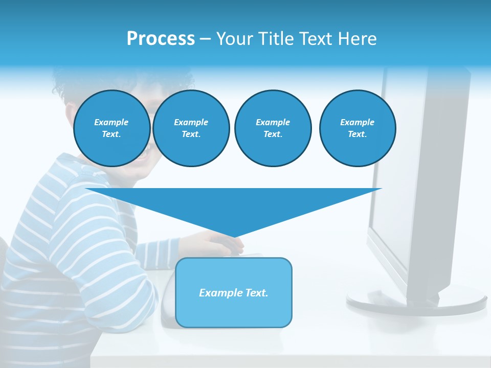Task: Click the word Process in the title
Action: pyautogui.click(x=161, y=39)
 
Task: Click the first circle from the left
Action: pyautogui.click(x=112, y=128)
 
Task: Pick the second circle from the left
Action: pyautogui.click(x=191, y=128)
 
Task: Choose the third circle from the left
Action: pyautogui.click(x=273, y=128)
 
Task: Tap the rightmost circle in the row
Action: pyautogui.click(x=358, y=128)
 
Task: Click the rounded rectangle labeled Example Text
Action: pyautogui.click(x=234, y=292)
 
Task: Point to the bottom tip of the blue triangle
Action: pyautogui.click(x=234, y=237)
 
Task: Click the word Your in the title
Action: pyautogui.click(x=235, y=39)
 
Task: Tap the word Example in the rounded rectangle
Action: pyautogui.click(x=219, y=293)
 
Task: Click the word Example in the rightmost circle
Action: pyautogui.click(x=358, y=122)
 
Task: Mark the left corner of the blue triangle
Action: pyautogui.click(x=86, y=189)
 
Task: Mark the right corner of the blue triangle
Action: pyautogui.click(x=382, y=189)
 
